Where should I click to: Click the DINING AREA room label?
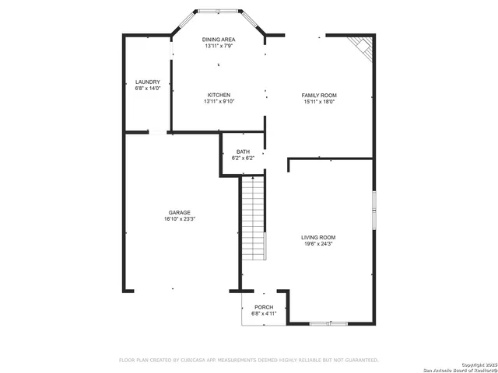(x=219, y=40)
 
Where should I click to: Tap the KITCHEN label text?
(x=219, y=95)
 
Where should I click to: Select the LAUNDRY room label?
(x=148, y=82)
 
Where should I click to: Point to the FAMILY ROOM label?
(x=319, y=95)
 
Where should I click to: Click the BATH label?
(x=244, y=152)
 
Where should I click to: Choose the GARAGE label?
(x=180, y=212)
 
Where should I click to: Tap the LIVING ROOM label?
(x=319, y=237)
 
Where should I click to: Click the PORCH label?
(x=264, y=307)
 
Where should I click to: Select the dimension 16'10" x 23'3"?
(x=180, y=219)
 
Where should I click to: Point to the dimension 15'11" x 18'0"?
(x=319, y=102)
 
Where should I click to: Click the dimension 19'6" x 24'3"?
(x=319, y=244)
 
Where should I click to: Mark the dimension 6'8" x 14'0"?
(x=148, y=89)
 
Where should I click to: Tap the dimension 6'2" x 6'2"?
(x=244, y=158)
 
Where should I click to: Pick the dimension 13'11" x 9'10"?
(x=219, y=102)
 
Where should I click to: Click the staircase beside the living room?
(x=253, y=219)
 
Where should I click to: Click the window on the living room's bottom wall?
(x=328, y=322)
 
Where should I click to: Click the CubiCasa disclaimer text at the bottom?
(x=248, y=360)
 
